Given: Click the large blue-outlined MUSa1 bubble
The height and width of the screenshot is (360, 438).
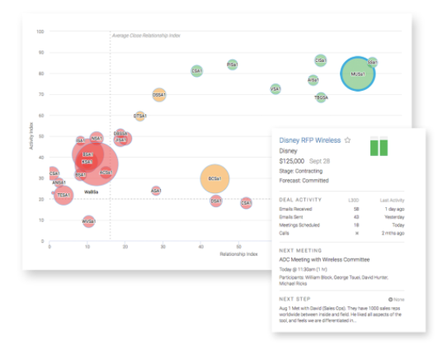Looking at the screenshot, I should pyautogui.click(x=358, y=73).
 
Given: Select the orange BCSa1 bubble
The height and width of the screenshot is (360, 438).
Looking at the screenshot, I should pyautogui.click(x=214, y=178).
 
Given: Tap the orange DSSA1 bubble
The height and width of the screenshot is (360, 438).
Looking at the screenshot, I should pyautogui.click(x=159, y=95).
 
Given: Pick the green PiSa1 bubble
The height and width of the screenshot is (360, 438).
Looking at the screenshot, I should pyautogui.click(x=232, y=64).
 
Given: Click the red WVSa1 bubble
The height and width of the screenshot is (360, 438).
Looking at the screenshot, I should pyautogui.click(x=88, y=221).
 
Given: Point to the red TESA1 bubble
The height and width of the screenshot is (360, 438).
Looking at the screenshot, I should pyautogui.click(x=63, y=195).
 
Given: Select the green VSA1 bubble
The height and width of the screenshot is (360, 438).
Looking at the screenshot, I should pyautogui.click(x=276, y=88).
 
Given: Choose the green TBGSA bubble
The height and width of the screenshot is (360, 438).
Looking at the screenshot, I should pyautogui.click(x=321, y=97).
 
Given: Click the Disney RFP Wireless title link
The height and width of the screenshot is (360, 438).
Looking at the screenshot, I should pyautogui.click(x=309, y=140).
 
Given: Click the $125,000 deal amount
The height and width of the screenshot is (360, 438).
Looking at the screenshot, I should pyautogui.click(x=294, y=161).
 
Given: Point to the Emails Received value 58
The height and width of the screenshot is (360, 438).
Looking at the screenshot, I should pyautogui.click(x=356, y=211).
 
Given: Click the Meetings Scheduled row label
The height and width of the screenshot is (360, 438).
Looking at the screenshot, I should pyautogui.click(x=302, y=224).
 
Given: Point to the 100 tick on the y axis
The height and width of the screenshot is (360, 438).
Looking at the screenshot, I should pyautogui.click(x=40, y=31).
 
